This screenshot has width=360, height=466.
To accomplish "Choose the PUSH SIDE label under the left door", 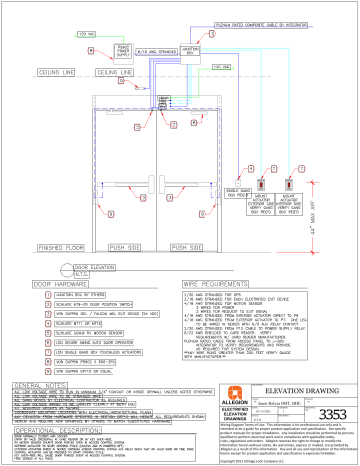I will pos(118,244).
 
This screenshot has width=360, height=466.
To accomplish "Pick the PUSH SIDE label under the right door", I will pos(191,244).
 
